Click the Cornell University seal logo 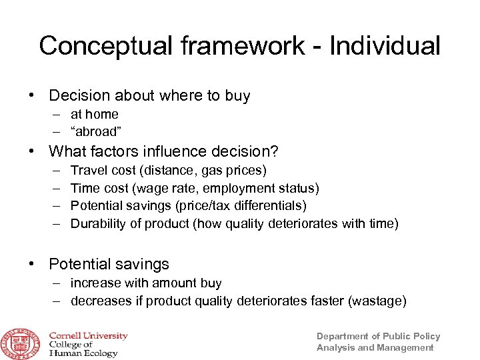pyautogui.click(x=21, y=343)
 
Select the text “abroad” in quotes pyautogui.click(x=96, y=131)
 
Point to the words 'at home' pyautogui.click(x=94, y=114)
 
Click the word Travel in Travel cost pyautogui.click(x=87, y=171)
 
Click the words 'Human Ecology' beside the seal pyautogui.click(x=83, y=353)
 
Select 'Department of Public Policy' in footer pyautogui.click(x=378, y=336)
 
